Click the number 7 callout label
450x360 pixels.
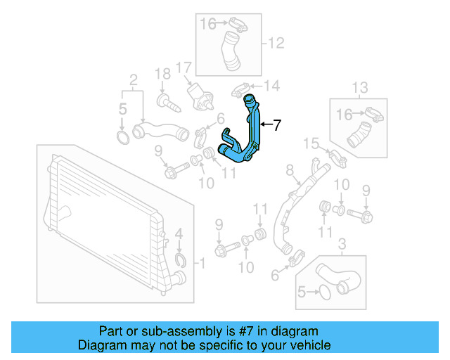(277, 126)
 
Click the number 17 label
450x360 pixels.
(184, 68)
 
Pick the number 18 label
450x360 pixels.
(162, 73)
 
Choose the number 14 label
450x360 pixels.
(271, 86)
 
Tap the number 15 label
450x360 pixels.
(311, 143)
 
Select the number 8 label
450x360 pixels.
(289, 169)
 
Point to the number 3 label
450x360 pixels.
(342, 244)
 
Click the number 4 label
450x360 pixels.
(179, 233)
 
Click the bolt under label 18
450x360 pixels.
(168, 103)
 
